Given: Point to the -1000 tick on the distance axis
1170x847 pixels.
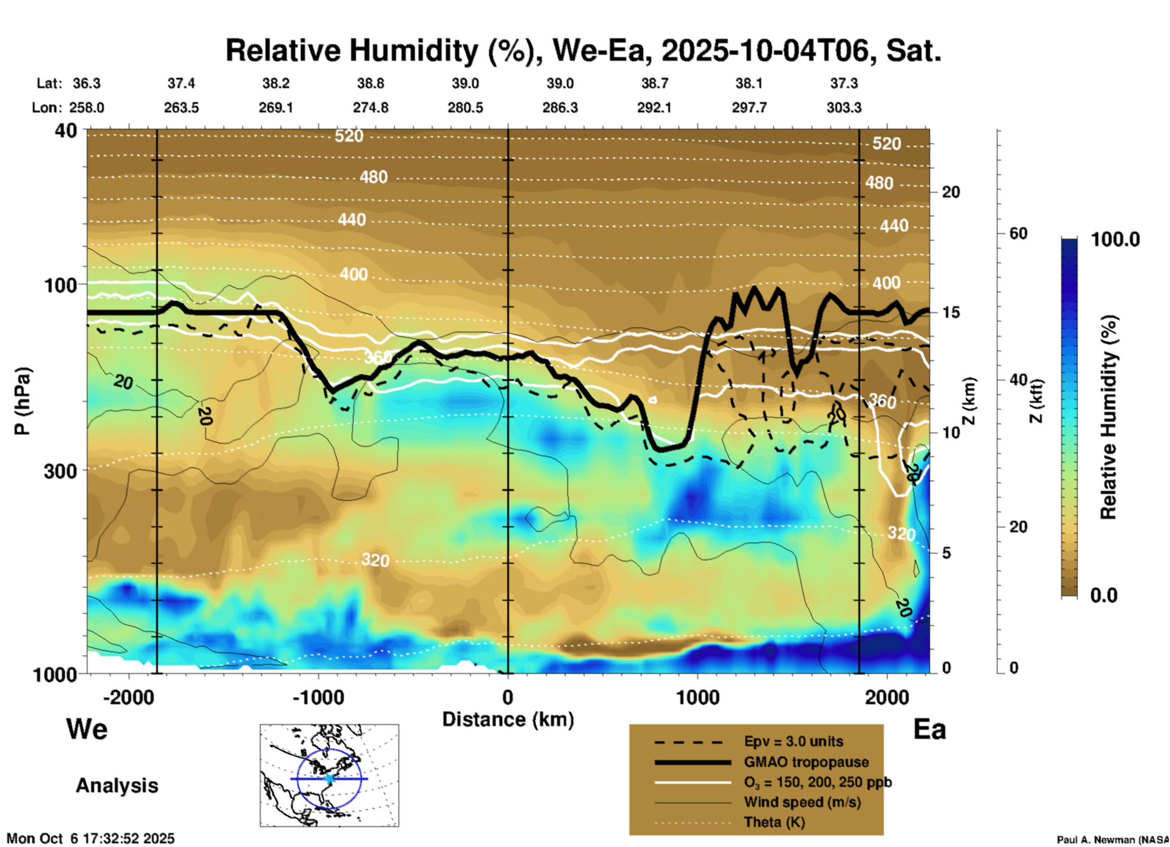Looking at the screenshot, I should (318, 697).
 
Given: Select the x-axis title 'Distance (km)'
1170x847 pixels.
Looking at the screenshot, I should (508, 719).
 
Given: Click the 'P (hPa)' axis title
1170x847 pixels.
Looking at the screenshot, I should (22, 401).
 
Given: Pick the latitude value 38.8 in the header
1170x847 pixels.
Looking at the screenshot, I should (370, 83).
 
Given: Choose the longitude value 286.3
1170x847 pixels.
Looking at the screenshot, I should (559, 108).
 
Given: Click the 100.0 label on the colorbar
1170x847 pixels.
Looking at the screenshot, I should (1115, 239).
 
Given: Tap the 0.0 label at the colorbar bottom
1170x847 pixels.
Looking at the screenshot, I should (1104, 595).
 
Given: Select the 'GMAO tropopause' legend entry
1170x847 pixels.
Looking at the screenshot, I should (806, 762).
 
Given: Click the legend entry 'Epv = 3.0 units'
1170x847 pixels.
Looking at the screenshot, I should (793, 741).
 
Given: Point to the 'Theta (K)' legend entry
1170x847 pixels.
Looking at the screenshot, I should (774, 822).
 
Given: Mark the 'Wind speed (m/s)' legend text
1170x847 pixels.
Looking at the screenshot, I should (802, 802).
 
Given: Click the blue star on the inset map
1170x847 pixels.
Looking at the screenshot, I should (329, 778).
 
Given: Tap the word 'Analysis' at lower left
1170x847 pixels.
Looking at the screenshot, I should (117, 785).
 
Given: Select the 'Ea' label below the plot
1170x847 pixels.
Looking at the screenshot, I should (929, 729).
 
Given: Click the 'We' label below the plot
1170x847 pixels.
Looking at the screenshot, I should (87, 729).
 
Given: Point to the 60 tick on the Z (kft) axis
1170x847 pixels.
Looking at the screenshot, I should (1018, 233).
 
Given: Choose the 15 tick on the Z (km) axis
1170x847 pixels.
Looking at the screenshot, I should (951, 312).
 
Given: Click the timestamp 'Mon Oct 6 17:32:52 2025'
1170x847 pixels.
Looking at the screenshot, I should (91, 838).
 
